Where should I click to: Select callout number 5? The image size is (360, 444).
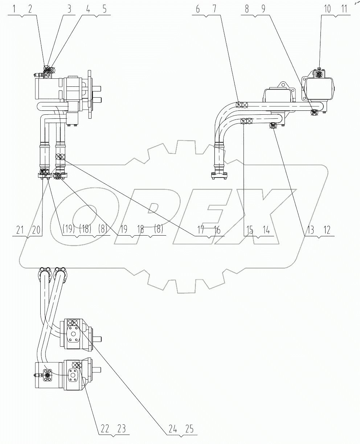click(105, 10)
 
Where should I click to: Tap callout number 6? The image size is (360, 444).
click(198, 10)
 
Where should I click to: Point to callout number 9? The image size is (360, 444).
click(262, 10)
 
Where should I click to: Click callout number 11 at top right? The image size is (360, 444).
click(343, 10)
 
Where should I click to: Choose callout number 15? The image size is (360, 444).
click(250, 229)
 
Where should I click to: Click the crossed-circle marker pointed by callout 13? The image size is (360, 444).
click(273, 126)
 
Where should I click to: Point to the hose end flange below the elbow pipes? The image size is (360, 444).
click(219, 176)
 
